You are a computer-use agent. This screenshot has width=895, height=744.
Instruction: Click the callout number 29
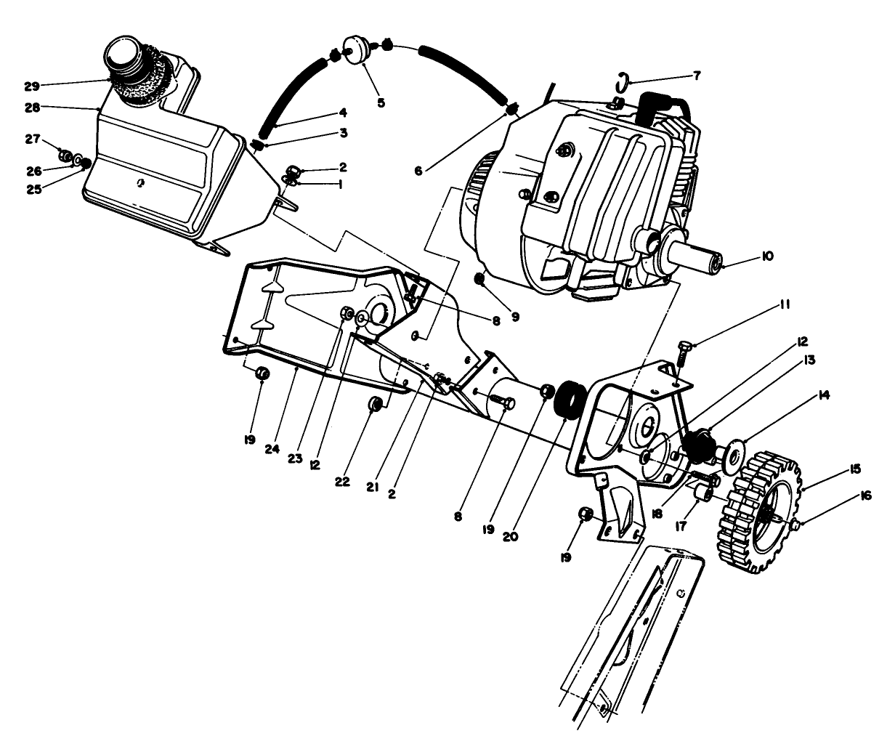[x=31, y=86]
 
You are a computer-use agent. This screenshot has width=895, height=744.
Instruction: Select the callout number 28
[x=31, y=108]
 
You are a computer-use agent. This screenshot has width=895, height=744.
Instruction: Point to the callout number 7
[x=697, y=75]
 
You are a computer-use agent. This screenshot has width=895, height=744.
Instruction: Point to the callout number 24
[x=272, y=449]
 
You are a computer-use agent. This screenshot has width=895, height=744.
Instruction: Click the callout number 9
[x=515, y=316]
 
